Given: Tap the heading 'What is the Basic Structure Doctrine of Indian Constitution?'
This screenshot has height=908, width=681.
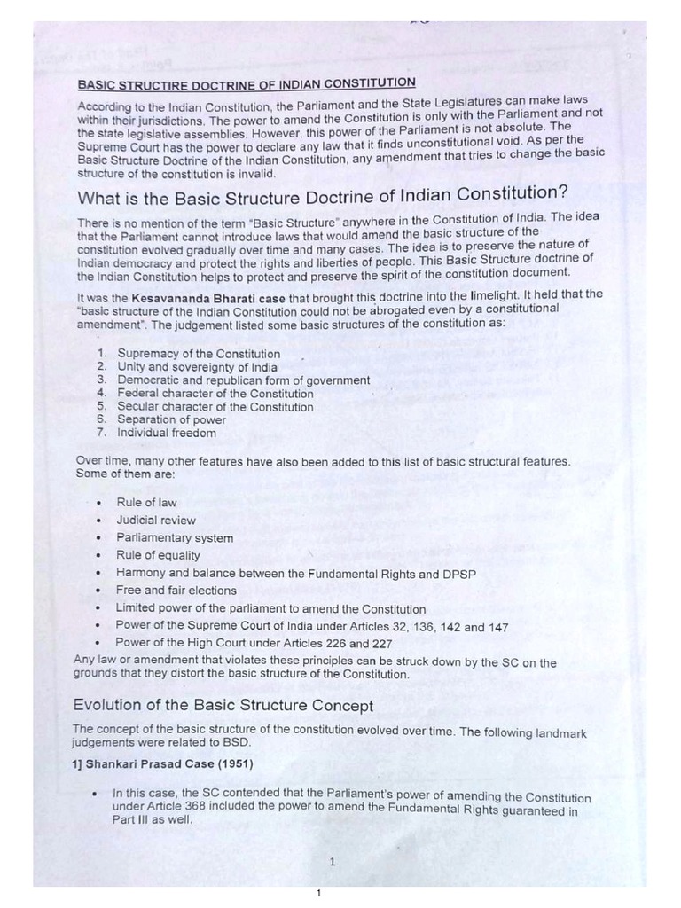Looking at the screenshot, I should pos(323,195).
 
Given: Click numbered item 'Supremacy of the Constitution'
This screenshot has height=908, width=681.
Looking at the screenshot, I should pos(199,354).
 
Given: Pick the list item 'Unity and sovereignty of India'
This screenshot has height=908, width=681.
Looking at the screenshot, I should pos(197,367).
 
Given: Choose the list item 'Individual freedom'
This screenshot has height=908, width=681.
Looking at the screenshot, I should pos(167,434).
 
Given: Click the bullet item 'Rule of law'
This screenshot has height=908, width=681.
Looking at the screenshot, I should pos(146,503).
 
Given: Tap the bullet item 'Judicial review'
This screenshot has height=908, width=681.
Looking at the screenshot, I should pos(156,521).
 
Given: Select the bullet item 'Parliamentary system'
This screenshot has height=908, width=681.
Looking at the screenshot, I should pos(175,538).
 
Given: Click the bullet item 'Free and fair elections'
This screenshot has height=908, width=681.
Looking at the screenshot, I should pos(176,591).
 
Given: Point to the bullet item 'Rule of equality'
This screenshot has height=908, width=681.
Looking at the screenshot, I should pos(158,556).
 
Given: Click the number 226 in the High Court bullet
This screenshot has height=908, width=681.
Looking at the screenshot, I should pos(335,644).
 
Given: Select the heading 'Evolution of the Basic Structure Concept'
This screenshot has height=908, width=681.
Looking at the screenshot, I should pos(223,706).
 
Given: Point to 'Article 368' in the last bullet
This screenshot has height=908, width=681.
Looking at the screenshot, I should pos(163,810).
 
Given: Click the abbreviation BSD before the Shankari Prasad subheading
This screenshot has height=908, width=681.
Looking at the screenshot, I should pos(238,742).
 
